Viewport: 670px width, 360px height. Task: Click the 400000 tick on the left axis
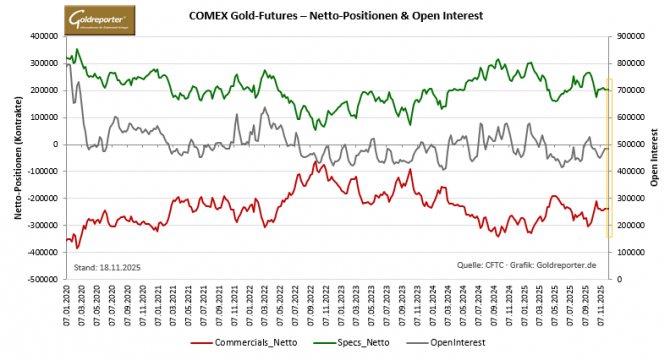(x=43, y=36)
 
